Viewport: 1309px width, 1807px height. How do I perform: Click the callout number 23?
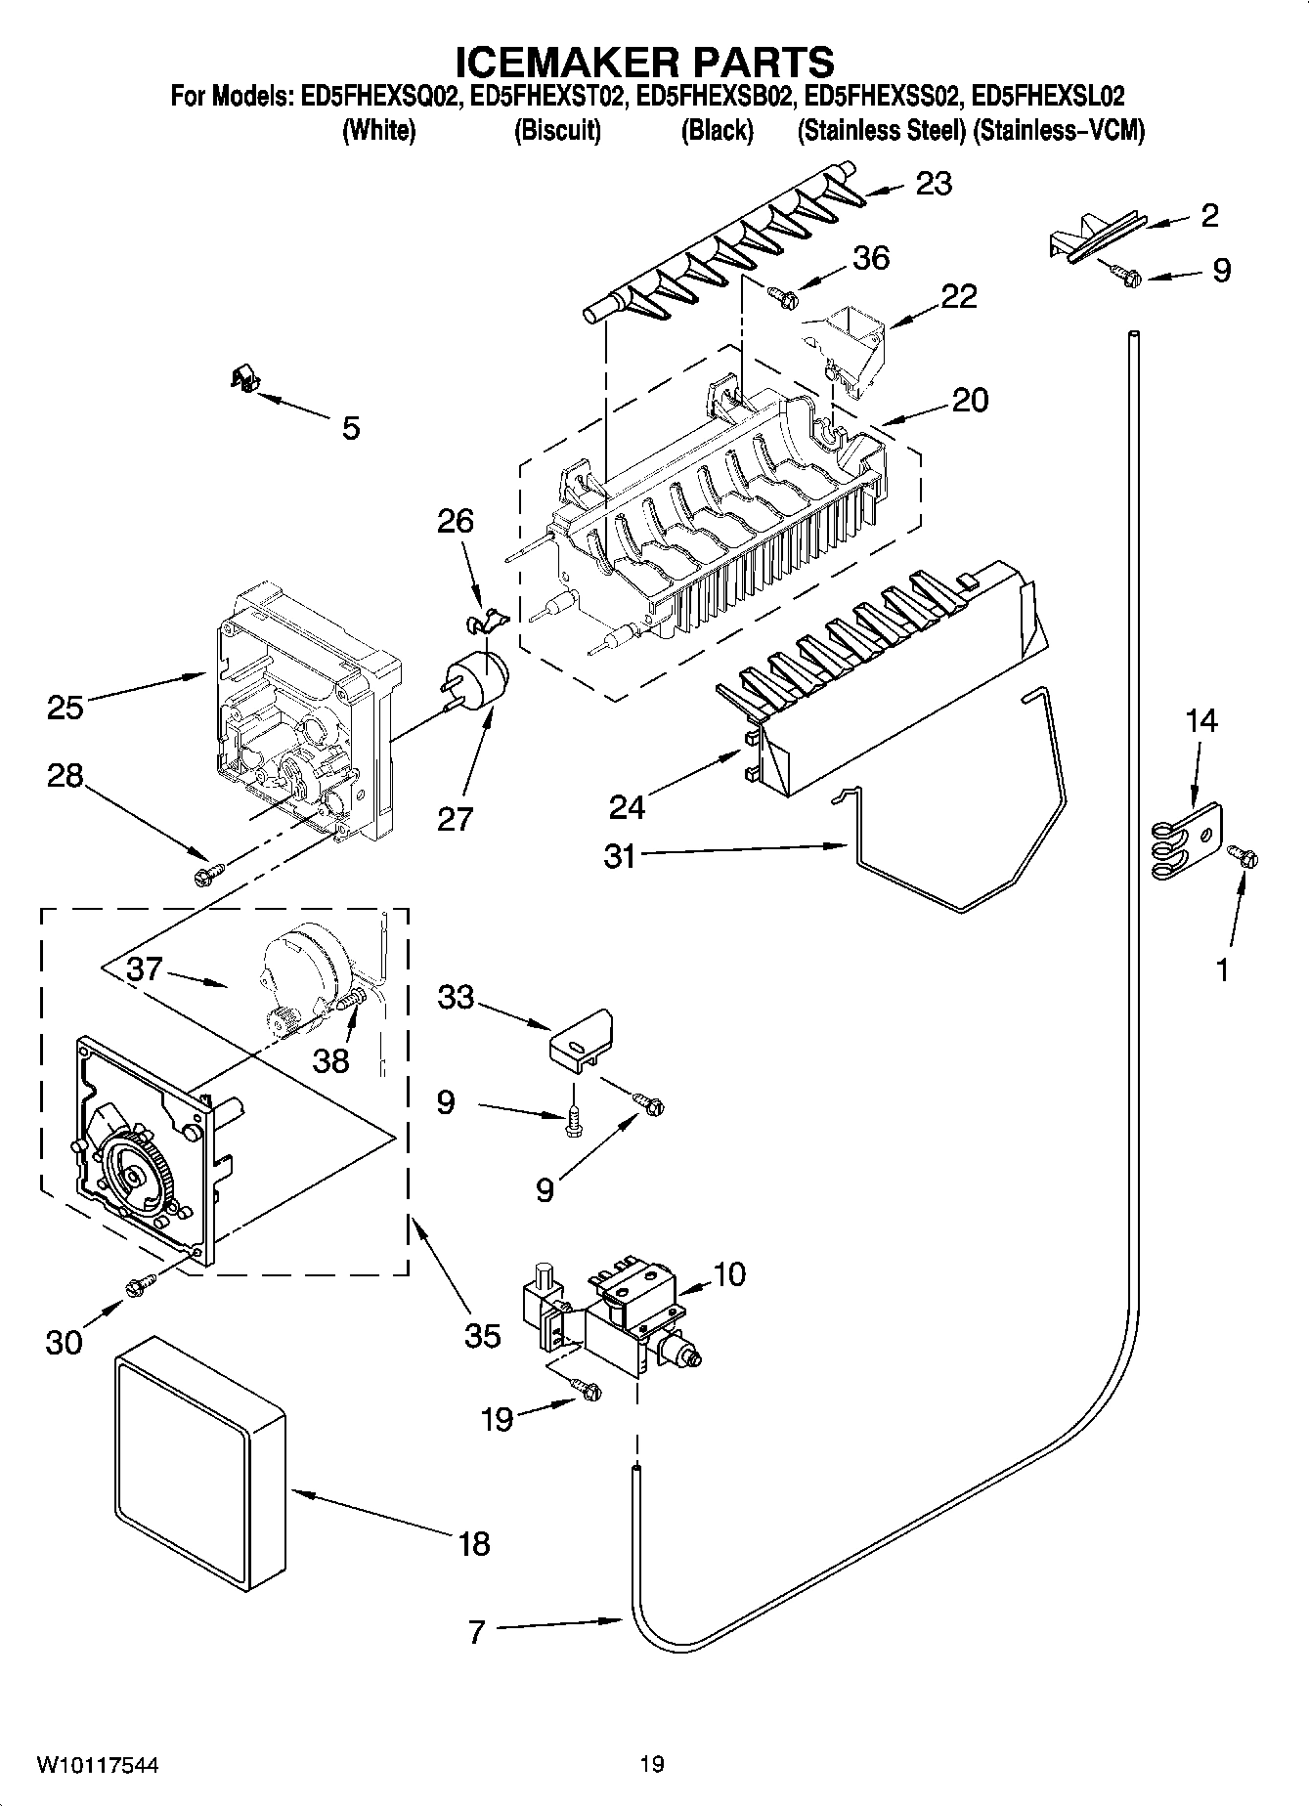click(934, 184)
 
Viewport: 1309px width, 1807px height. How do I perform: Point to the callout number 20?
click(969, 400)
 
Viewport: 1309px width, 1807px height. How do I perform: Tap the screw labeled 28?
click(209, 870)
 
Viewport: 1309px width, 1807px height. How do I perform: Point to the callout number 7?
click(476, 1632)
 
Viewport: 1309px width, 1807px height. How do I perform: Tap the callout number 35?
click(482, 1335)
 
